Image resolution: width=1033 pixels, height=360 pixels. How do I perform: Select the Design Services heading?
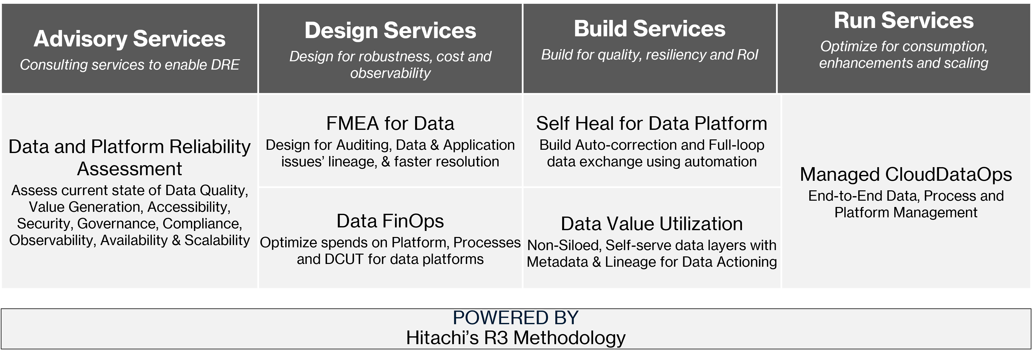click(x=390, y=31)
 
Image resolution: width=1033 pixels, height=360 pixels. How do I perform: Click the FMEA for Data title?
click(x=390, y=124)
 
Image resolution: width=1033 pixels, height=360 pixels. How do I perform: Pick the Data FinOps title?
click(x=390, y=221)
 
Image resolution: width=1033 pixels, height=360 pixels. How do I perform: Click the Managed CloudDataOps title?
click(x=905, y=174)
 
